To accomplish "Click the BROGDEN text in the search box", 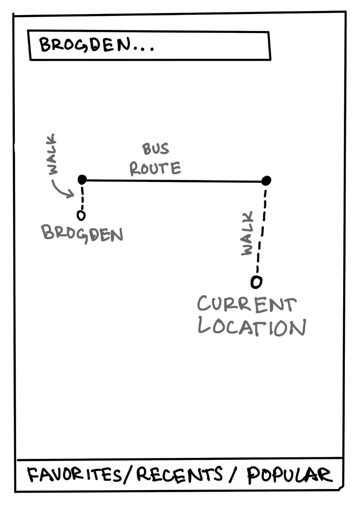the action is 85,45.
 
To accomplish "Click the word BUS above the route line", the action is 155,149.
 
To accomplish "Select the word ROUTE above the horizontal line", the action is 155,168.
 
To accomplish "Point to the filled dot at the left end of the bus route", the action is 82,179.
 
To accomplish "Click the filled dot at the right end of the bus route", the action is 266,180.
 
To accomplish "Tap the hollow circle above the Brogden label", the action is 81,215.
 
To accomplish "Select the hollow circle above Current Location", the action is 256,282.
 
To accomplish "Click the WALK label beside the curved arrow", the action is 52,154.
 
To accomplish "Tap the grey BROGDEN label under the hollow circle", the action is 82,233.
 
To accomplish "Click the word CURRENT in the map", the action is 246,304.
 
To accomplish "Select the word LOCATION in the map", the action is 252,327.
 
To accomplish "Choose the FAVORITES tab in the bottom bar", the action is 74,475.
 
